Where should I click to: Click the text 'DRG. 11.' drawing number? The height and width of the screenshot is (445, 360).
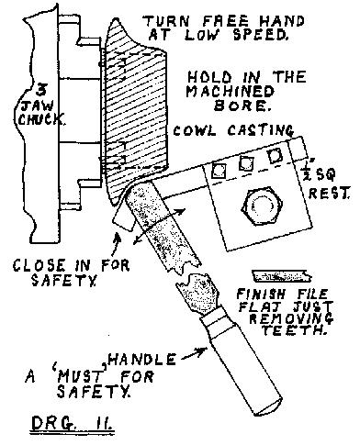(x=72, y=423)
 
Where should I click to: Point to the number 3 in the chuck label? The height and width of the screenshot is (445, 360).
(x=41, y=89)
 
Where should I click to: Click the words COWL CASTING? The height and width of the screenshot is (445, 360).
(x=233, y=130)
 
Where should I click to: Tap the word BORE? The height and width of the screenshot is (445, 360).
(x=242, y=106)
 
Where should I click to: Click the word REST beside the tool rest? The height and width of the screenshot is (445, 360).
(x=329, y=194)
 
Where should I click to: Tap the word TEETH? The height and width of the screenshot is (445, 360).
(x=293, y=330)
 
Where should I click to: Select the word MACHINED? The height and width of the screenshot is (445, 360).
(x=231, y=91)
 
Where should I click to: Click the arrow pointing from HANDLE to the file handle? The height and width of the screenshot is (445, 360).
(x=194, y=353)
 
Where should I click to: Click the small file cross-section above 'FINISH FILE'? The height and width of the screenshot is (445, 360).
(x=282, y=276)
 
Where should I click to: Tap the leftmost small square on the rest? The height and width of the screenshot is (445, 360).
(x=219, y=171)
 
